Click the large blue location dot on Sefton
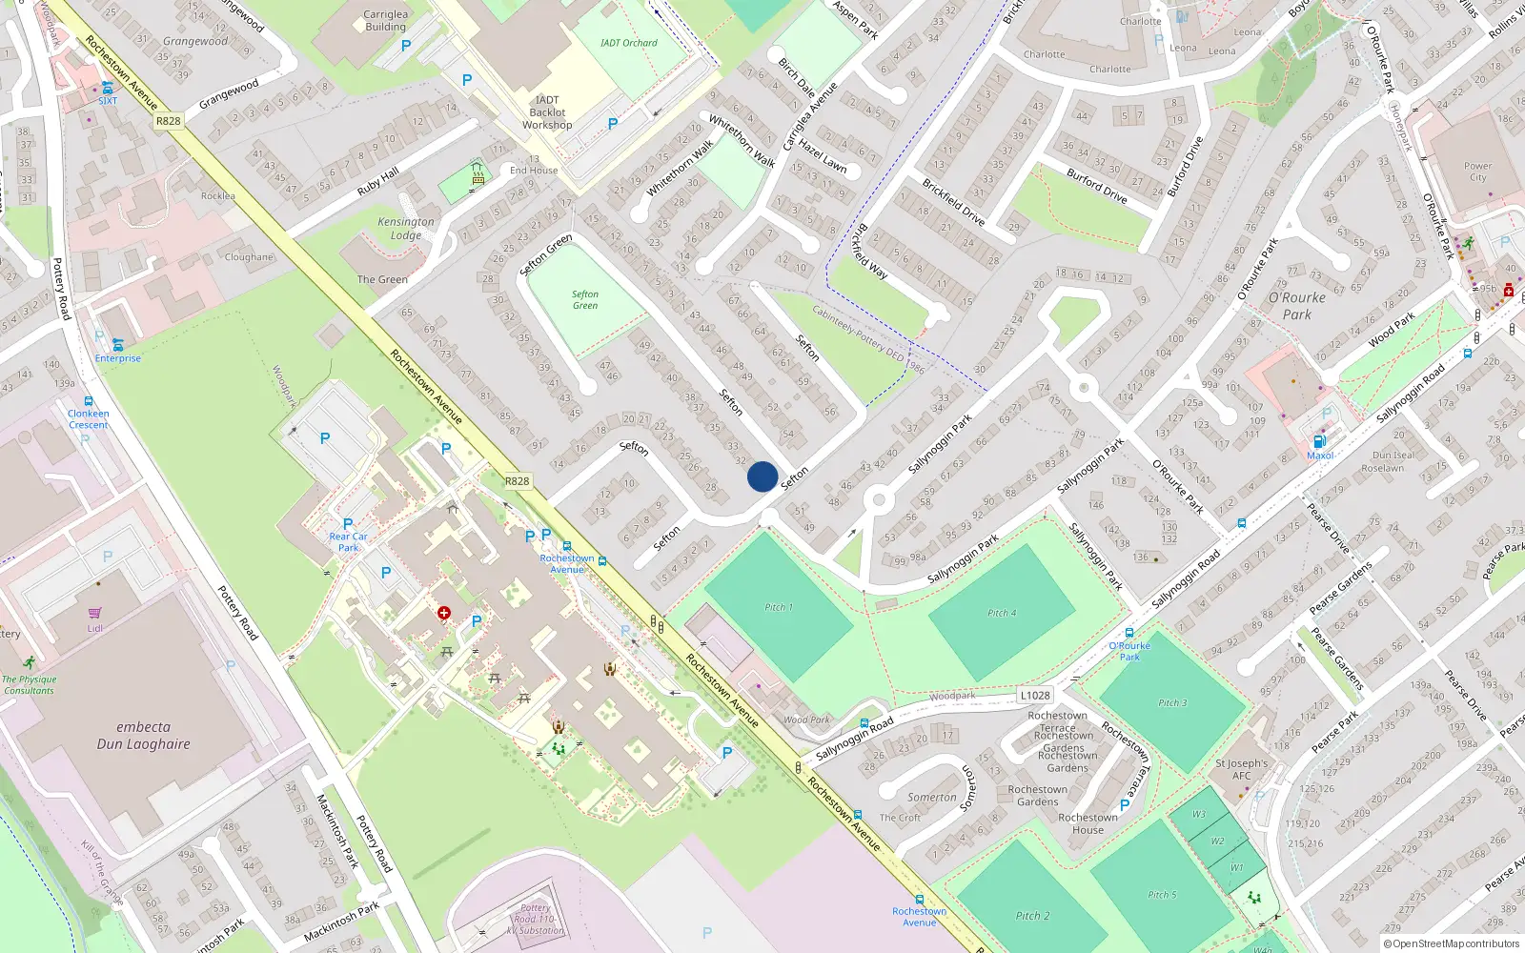pos(762,476)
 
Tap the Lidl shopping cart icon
pos(94,613)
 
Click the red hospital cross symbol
pos(443,613)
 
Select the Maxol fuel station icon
pos(1319,441)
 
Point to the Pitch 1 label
pos(778,607)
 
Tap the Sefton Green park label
pos(585,300)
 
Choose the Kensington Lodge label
pos(406,229)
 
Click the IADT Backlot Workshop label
pos(547,112)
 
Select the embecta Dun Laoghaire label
pos(143,735)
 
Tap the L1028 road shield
pos(1034,696)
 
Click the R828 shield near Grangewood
pos(169,121)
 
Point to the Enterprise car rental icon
pos(117,344)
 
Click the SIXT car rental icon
pos(108,88)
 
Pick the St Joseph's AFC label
pos(1241,769)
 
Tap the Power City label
pos(1477,172)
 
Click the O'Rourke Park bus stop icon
pos(1129,633)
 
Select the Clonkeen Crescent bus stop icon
pos(89,402)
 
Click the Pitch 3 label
pos(1172,702)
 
